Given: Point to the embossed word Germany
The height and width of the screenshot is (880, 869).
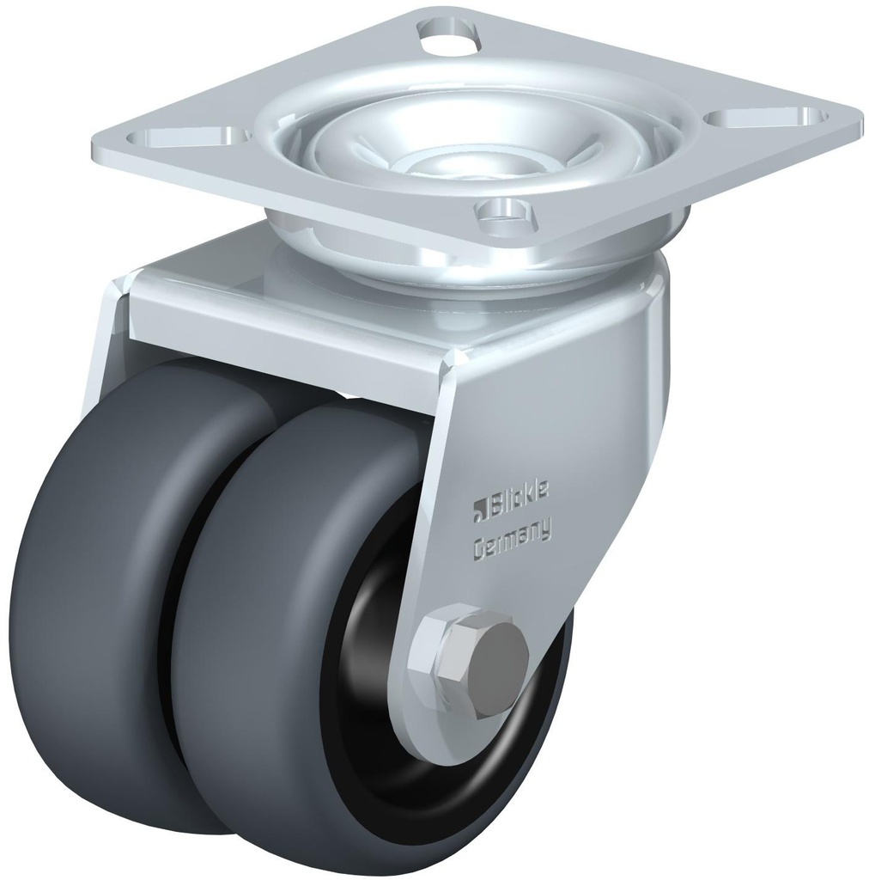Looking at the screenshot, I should (513, 541).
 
